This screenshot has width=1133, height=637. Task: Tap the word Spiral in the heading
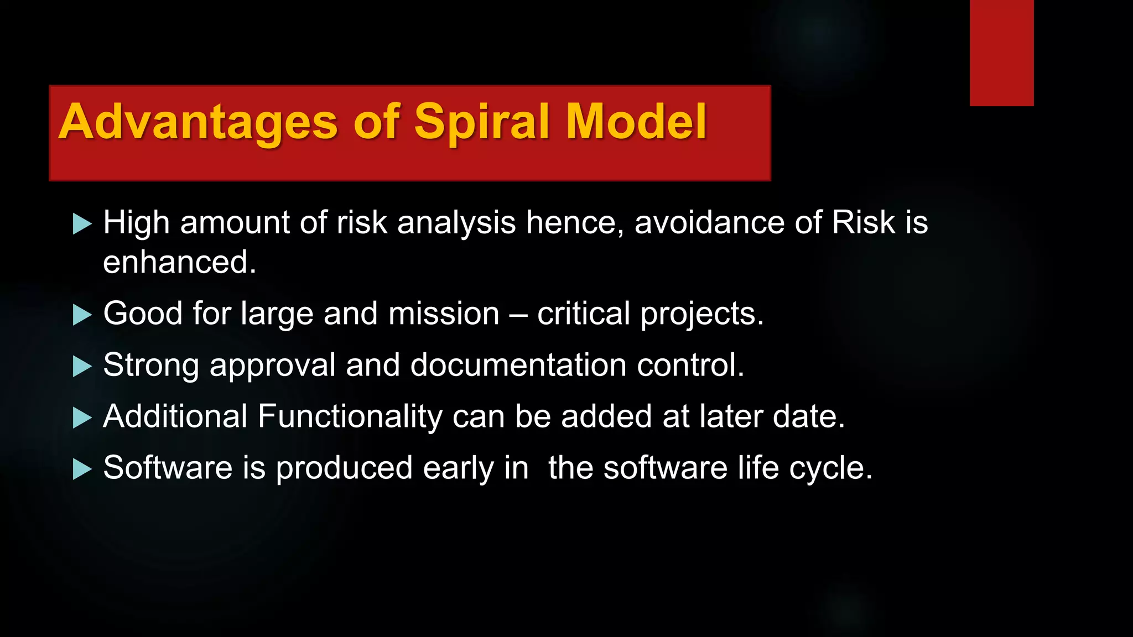pos(482,123)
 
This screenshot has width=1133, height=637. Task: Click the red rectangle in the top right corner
pos(1001,53)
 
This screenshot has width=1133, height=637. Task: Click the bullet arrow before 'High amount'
pos(82,224)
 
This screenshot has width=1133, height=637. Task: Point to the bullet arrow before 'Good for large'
pos(82,315)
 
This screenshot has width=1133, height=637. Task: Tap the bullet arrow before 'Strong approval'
pos(82,367)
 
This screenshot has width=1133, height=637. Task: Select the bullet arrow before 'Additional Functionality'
pos(82,418)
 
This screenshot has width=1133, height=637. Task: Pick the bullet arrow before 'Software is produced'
pos(82,469)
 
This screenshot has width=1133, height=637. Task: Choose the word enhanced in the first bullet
pos(179,262)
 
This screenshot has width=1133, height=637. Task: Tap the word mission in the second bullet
pos(444,314)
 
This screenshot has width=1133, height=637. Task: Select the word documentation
pos(518,365)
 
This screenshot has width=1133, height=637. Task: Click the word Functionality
pos(350,416)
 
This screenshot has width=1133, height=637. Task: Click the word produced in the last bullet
pos(344,468)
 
